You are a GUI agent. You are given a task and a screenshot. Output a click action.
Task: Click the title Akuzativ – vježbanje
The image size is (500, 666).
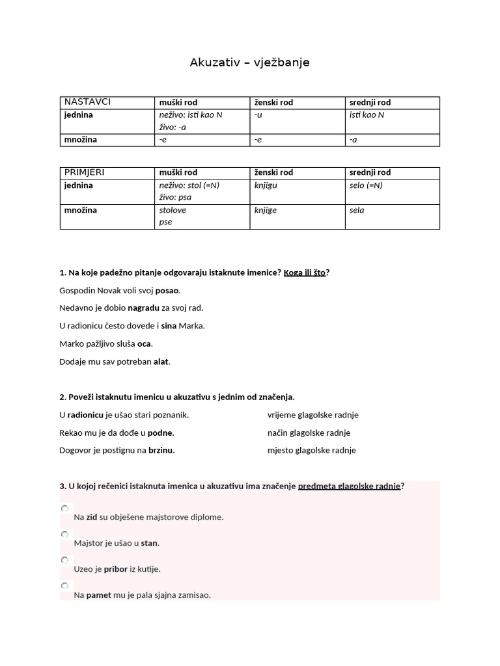click(x=249, y=62)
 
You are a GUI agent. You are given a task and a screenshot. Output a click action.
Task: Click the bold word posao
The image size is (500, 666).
click(x=167, y=291)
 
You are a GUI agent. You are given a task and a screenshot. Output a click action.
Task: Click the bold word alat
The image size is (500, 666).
click(x=161, y=362)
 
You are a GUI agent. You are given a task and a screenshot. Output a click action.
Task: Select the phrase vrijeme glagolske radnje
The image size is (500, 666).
click(x=312, y=415)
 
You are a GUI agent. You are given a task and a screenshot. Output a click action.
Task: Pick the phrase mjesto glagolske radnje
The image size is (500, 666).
click(x=311, y=450)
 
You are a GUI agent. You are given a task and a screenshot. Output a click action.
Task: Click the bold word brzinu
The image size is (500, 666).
click(x=161, y=450)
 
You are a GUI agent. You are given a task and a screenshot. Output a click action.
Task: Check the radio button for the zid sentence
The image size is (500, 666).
click(x=64, y=508)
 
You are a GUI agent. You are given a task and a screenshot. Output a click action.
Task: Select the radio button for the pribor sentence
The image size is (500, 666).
click(x=64, y=560)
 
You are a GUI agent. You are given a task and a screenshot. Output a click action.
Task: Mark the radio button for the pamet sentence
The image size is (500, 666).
click(x=64, y=586)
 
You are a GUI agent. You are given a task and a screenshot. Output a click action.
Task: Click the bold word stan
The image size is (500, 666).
click(x=150, y=543)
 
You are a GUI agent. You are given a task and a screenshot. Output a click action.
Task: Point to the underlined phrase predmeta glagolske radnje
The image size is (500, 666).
click(x=349, y=486)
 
